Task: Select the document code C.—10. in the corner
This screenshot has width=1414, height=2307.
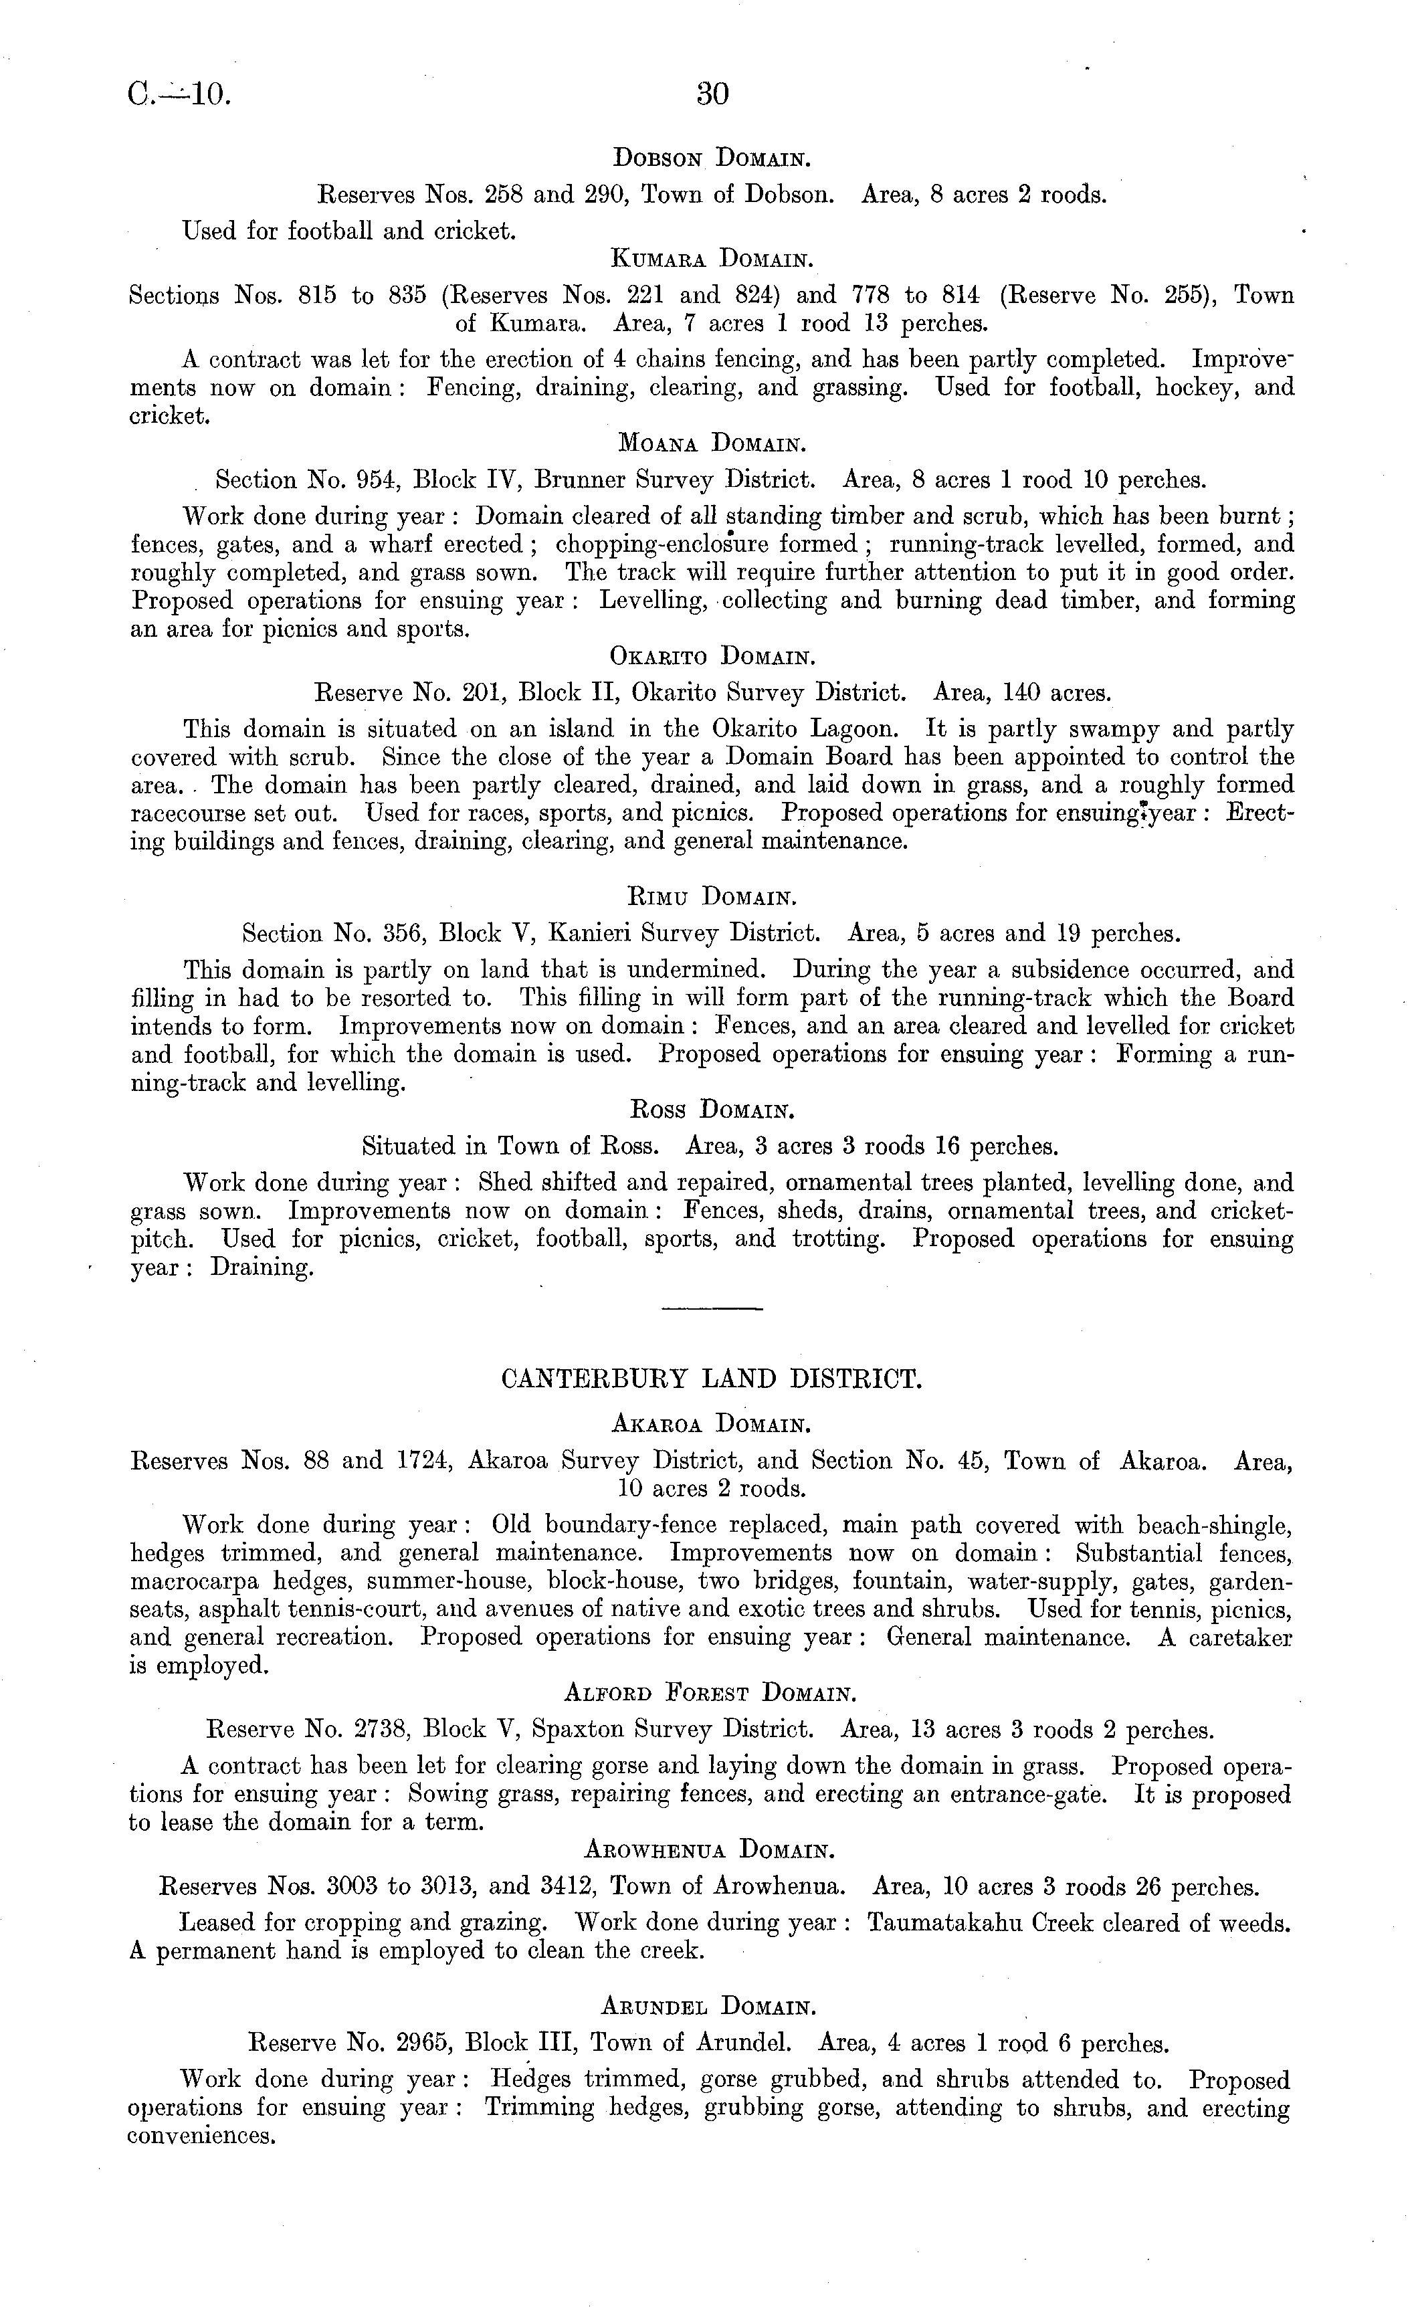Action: click(178, 94)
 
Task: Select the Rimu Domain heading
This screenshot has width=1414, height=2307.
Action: click(711, 897)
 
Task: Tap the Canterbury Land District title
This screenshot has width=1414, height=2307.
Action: click(712, 1379)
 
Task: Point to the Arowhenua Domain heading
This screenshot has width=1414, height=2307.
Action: click(709, 1850)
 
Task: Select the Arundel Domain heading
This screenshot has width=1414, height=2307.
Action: click(709, 2007)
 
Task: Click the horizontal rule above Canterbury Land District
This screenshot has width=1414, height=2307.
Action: click(712, 1308)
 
